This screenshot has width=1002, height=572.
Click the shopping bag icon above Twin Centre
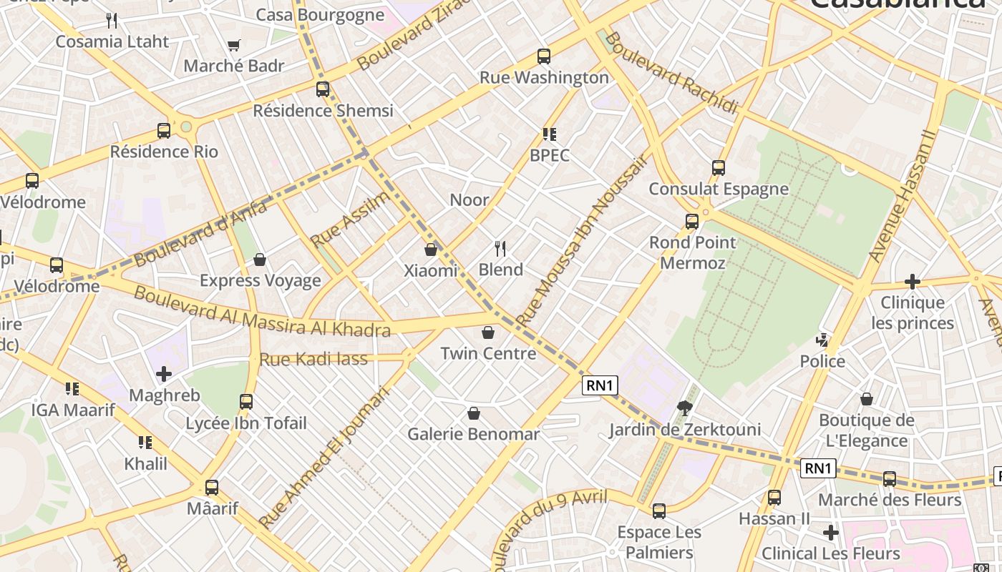tap(488, 332)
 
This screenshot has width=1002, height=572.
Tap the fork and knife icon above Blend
tap(500, 249)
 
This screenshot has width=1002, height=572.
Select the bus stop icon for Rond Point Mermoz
tap(691, 222)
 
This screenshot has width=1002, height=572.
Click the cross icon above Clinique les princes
tap(912, 281)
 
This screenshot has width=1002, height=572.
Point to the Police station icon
tap(823, 340)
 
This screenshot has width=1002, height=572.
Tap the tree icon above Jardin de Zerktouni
tap(684, 408)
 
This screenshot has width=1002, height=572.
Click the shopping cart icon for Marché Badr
tap(233, 46)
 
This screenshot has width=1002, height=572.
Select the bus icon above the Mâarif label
tap(211, 488)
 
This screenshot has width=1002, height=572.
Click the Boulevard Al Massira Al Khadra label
tap(262, 312)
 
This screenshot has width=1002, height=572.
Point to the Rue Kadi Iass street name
tap(313, 359)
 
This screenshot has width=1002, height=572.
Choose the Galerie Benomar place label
tap(473, 434)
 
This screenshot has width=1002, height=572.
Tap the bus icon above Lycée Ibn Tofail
tap(246, 402)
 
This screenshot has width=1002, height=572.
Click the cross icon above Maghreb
tap(164, 374)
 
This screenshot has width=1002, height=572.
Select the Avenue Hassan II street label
tap(902, 195)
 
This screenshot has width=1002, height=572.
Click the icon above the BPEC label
tap(549, 134)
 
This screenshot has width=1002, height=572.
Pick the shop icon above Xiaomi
tap(431, 250)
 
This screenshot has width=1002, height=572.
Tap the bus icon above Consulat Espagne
tap(719, 168)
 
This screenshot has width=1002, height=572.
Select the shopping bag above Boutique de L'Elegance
tap(866, 399)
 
